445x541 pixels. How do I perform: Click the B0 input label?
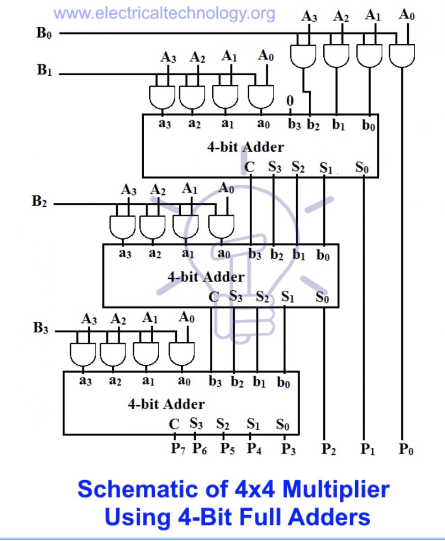point(44,33)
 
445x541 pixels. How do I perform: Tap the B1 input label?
point(44,70)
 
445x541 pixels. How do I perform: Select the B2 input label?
point(39,201)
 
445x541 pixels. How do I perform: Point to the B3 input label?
point(41,328)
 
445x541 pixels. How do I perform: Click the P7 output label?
point(178,449)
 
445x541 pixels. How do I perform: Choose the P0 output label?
point(406,449)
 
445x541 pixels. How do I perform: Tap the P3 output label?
point(289,449)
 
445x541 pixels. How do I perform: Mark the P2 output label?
point(329,449)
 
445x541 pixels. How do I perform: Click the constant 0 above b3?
point(290,101)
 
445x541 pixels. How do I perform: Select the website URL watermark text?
point(165,14)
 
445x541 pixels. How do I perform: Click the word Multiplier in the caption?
point(336,490)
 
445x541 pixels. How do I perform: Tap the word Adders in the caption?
point(329,517)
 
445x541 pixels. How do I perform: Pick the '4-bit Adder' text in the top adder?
point(246,147)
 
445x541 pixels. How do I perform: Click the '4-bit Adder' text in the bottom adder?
point(166,404)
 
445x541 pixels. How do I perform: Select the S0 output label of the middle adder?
point(322,297)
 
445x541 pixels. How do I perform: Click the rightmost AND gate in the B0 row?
point(402,56)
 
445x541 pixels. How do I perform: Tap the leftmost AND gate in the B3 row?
point(83,354)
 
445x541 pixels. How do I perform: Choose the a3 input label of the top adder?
point(165,124)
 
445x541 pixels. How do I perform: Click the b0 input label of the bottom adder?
point(284,383)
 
